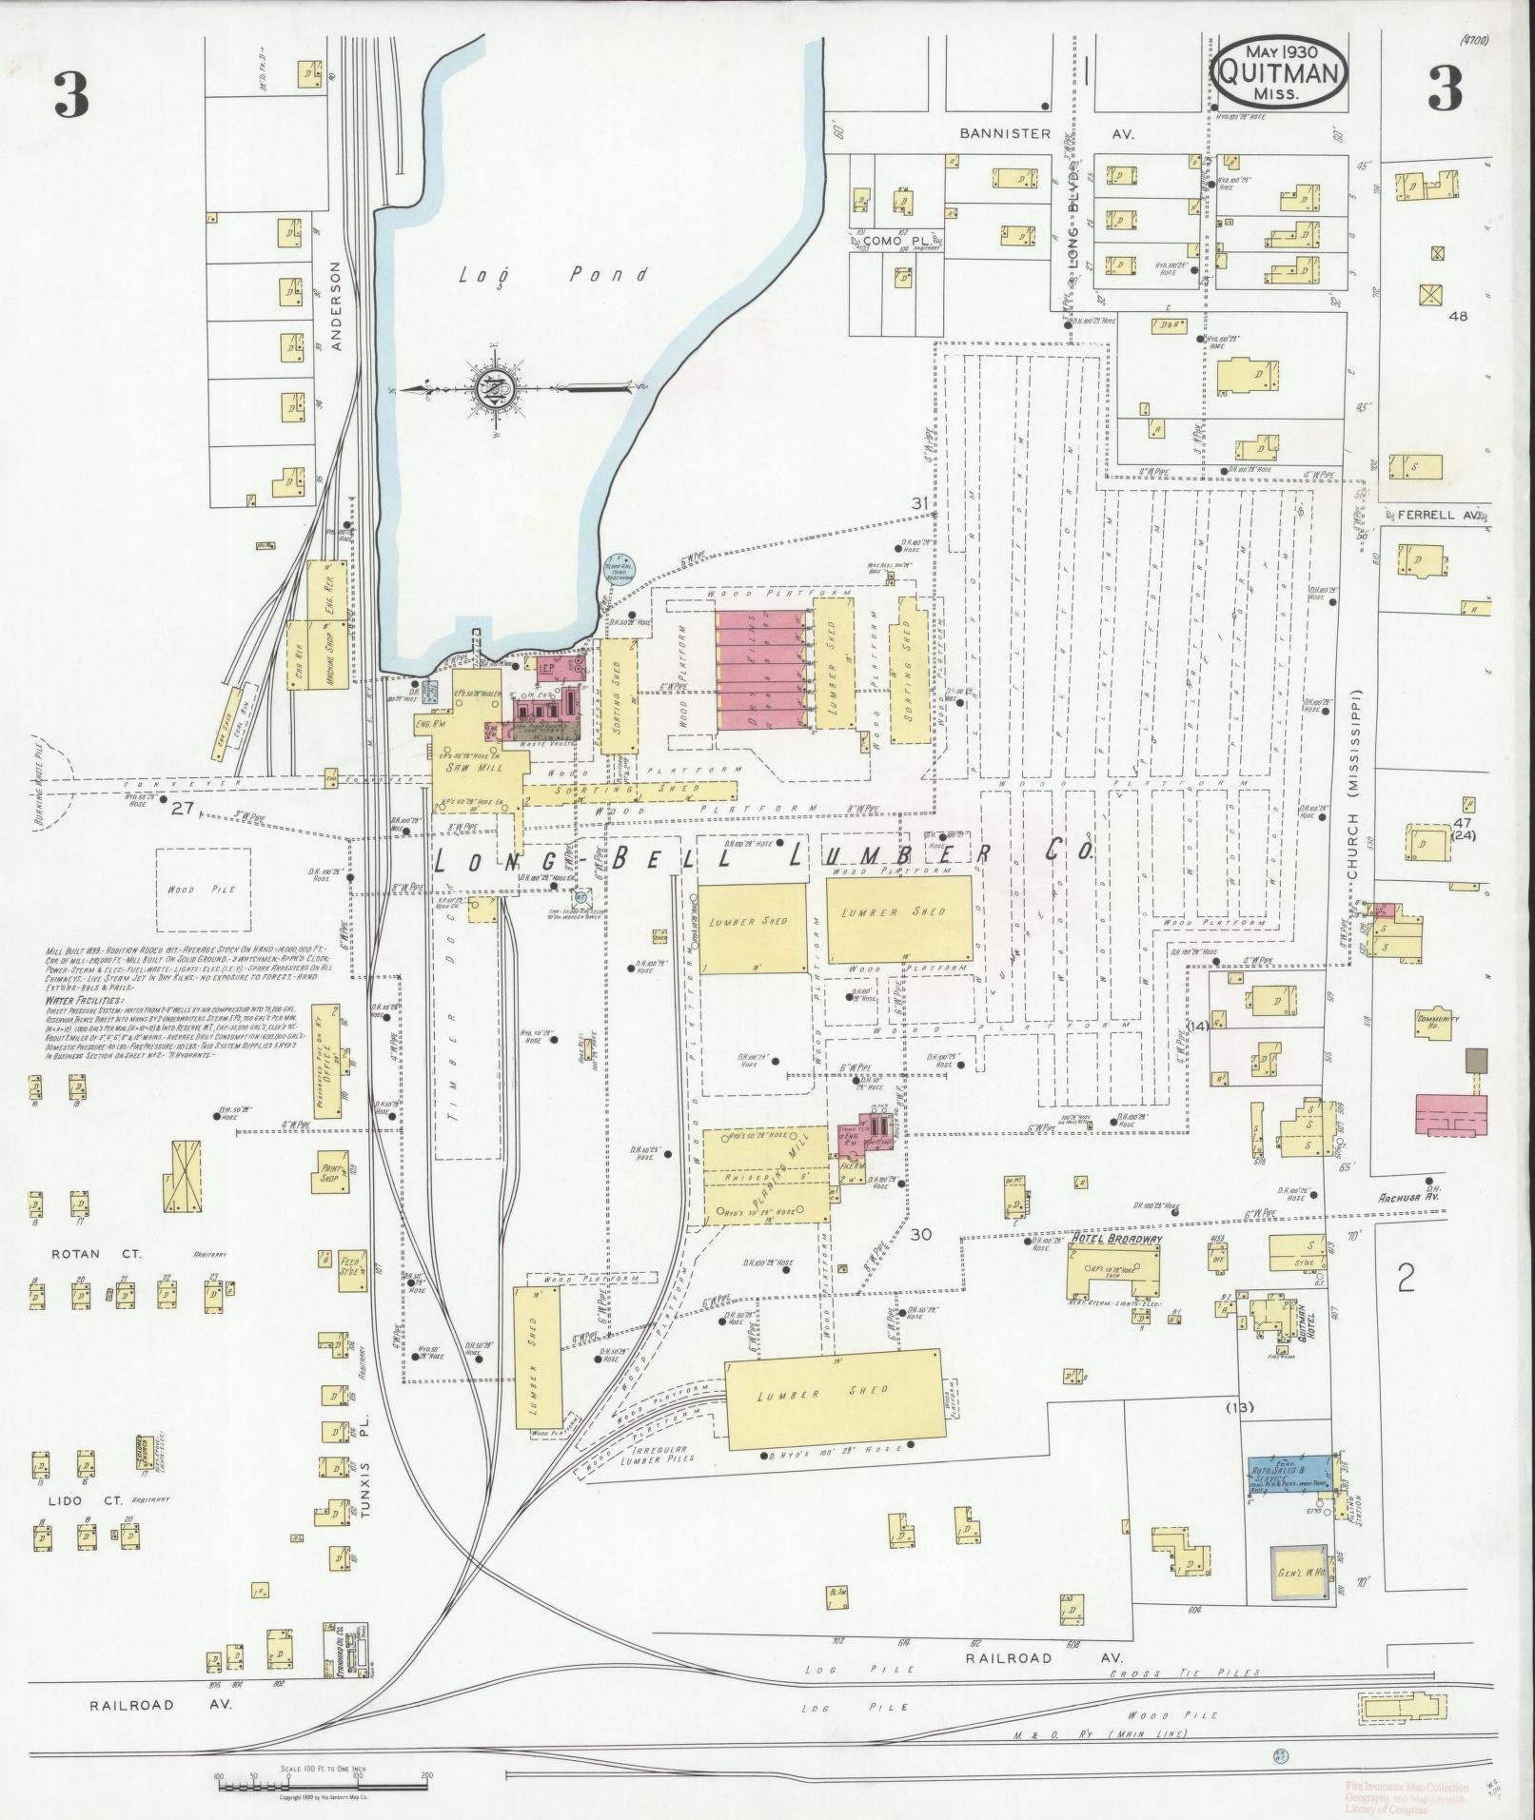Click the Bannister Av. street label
(x=1044, y=134)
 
